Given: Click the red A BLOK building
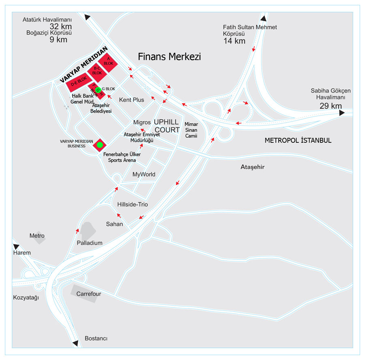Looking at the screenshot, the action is (x=108, y=62).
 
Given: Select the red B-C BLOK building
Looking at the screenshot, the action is (x=97, y=72).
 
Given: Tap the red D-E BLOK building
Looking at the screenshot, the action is (x=79, y=82).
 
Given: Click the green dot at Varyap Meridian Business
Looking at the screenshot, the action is (x=100, y=145).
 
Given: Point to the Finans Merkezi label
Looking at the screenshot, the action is (x=169, y=57).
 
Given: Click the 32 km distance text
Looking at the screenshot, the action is (x=61, y=26).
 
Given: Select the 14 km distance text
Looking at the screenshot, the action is (x=234, y=41).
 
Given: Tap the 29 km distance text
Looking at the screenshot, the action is (x=331, y=106).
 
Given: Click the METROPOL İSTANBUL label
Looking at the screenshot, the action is (x=298, y=140).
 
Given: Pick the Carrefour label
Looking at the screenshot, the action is (x=89, y=294).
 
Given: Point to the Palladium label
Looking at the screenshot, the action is (x=90, y=243).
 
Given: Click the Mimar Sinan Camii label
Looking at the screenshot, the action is (x=191, y=130).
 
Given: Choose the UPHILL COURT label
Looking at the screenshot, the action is (x=167, y=126).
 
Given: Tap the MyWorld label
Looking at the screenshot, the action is (x=144, y=174).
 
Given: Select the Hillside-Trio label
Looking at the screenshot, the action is (x=133, y=204).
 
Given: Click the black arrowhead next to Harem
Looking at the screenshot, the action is (x=16, y=246).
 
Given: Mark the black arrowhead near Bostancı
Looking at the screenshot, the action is (x=75, y=343).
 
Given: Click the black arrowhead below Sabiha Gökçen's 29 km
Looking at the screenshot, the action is (x=342, y=113).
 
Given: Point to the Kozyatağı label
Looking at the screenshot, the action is (x=26, y=297).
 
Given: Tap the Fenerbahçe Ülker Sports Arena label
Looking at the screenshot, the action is (x=122, y=157).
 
